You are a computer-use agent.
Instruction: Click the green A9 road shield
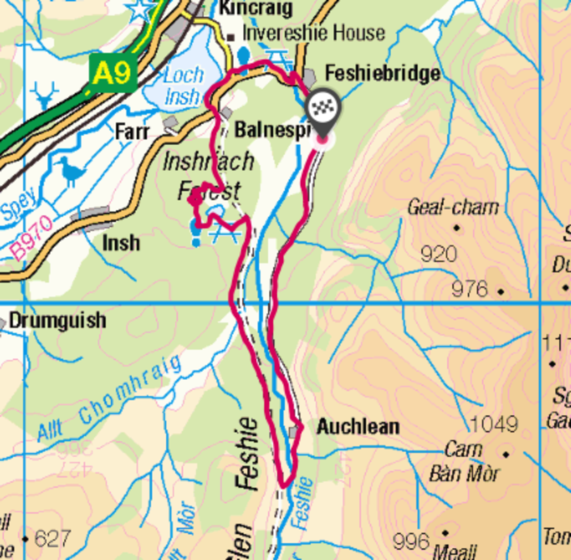[113, 73]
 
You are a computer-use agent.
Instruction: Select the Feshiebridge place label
[382, 73]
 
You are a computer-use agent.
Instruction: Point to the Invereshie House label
[313, 33]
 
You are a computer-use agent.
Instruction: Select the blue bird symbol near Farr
[71, 171]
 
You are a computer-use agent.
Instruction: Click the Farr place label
[132, 132]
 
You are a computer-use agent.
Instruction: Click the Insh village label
[121, 243]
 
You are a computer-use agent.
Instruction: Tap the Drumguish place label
[58, 321]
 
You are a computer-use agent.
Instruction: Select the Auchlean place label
[358, 427]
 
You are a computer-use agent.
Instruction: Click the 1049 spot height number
[493, 424]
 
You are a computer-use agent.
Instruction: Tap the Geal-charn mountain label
[452, 207]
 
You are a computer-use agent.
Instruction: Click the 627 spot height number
[52, 539]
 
